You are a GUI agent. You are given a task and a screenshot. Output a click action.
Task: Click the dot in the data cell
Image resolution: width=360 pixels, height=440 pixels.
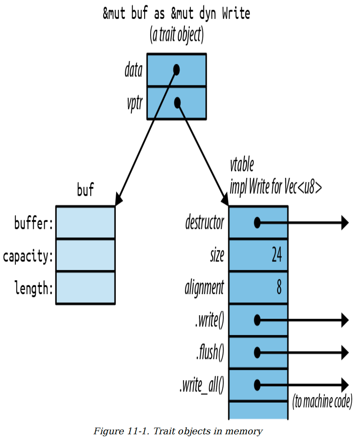[x=176, y=70]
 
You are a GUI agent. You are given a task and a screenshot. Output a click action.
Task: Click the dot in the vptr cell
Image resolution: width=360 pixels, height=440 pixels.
[x=177, y=103]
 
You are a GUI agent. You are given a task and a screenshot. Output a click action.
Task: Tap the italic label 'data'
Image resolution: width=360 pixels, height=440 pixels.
[x=133, y=70]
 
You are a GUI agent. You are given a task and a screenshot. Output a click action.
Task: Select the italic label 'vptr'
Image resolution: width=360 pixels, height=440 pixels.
[x=135, y=103]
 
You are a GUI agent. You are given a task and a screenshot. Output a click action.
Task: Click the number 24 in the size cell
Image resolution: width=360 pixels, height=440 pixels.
[x=277, y=254]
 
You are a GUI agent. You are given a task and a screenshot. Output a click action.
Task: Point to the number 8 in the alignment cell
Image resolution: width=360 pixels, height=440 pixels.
[x=279, y=287]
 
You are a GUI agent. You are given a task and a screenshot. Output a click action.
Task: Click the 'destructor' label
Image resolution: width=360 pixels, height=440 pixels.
[x=205, y=222]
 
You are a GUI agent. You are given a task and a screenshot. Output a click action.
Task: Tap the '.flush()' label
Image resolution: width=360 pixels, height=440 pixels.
[x=210, y=352]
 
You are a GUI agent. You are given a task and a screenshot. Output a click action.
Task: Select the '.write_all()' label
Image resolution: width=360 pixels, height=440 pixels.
[x=202, y=385]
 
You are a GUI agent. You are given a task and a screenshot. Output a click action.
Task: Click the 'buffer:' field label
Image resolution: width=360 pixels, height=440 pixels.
[x=34, y=223]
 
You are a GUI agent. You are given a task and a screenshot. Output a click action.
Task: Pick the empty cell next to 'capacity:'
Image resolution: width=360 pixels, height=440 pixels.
[x=86, y=255]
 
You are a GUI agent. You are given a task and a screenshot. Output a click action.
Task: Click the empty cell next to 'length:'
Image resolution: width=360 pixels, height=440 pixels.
[x=86, y=288]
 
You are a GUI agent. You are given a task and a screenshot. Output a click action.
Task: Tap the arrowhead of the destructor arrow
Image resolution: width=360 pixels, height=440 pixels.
[x=345, y=223]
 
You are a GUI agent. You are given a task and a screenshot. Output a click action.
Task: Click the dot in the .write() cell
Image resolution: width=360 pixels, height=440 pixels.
[x=257, y=320]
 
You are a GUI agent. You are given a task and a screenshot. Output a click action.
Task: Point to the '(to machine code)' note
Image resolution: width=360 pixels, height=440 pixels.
[x=322, y=401]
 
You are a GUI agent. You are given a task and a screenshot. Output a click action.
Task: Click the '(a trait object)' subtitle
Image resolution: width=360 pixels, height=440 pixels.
[x=177, y=34]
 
